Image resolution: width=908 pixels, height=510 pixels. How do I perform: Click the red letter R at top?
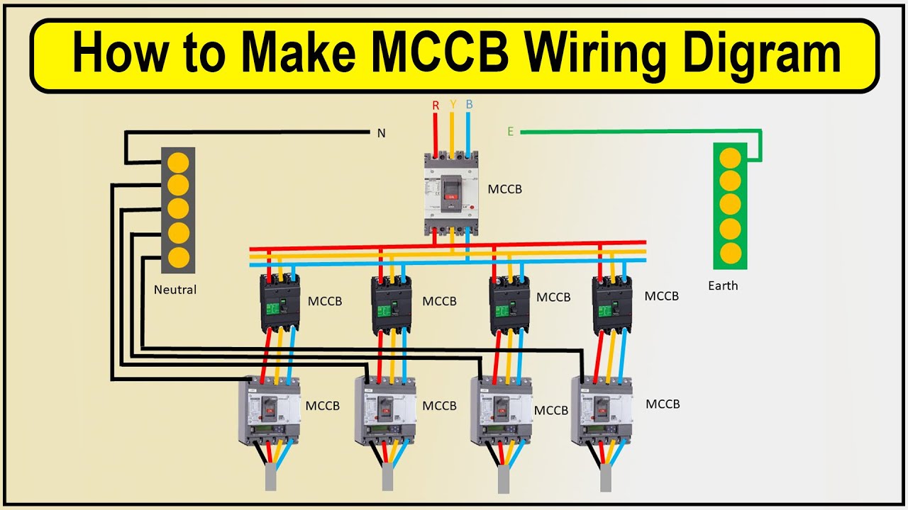click(436, 106)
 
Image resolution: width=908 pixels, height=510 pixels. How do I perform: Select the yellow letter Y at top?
click(453, 105)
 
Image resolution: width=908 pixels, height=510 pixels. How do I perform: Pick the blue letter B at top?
click(469, 105)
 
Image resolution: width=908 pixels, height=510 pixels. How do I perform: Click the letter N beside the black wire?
click(381, 133)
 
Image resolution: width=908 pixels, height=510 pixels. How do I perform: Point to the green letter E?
click(510, 132)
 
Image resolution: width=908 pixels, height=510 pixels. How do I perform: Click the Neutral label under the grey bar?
click(175, 290)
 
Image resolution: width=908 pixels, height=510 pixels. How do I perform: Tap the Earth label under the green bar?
click(723, 286)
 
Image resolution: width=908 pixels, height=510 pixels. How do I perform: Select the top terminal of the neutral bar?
click(177, 161)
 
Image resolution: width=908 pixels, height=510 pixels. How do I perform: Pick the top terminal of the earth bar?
click(730, 157)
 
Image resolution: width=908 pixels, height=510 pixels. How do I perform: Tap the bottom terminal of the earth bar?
click(730, 252)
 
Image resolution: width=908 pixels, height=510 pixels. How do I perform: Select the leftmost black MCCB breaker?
click(279, 302)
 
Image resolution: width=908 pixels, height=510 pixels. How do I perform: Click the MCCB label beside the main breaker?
click(504, 190)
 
